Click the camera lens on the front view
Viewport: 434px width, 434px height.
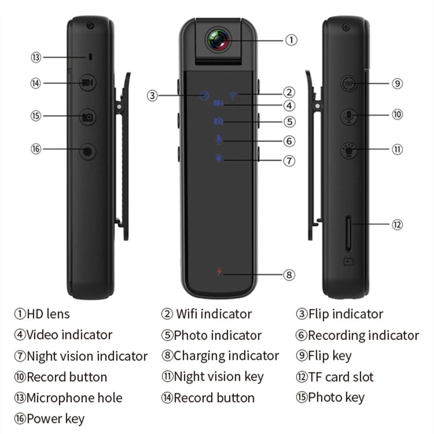[218, 39]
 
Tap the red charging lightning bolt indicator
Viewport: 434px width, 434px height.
[219, 272]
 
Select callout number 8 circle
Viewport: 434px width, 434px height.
[290, 275]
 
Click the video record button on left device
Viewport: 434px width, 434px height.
[87, 83]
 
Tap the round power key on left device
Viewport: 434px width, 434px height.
[87, 151]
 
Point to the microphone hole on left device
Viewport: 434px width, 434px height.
[91, 57]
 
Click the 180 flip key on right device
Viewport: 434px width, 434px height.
[348, 84]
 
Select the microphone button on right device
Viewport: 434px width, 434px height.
[348, 116]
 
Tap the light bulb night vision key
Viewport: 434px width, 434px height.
[348, 150]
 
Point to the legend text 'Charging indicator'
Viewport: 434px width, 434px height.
[226, 356]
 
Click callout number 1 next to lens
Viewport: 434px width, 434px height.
[291, 40]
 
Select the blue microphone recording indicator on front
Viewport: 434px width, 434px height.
[219, 139]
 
